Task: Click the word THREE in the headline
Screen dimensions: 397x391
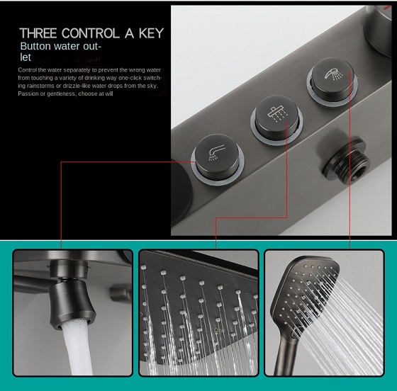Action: (38, 33)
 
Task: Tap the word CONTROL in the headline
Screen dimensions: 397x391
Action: (91, 33)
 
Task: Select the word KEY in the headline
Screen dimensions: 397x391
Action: (151, 33)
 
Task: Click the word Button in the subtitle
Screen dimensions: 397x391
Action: (35, 46)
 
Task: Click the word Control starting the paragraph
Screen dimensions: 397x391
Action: (28, 70)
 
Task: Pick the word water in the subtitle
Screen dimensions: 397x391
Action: (65, 46)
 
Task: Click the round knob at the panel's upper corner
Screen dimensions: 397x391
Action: (379, 30)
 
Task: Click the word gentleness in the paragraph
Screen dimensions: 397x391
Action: (61, 93)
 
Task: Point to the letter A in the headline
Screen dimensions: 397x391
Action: (129, 33)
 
